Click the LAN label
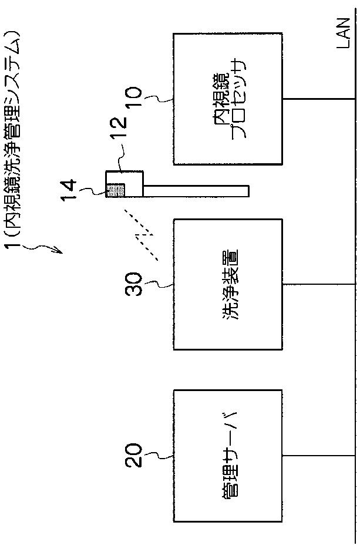coord(343,33)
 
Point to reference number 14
coord(68,190)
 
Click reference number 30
coord(133,284)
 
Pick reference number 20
coord(133,455)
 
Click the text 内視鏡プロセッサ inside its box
coord(230,99)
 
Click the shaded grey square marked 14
coord(116,190)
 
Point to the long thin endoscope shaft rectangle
coord(196,191)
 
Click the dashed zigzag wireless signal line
coord(141,235)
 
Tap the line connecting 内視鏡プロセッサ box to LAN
coord(318,99)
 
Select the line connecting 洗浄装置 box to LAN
coord(318,284)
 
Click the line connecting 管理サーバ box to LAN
coord(318,456)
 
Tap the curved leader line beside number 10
coord(158,99)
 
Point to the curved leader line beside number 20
coord(158,455)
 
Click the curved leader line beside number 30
coord(158,284)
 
